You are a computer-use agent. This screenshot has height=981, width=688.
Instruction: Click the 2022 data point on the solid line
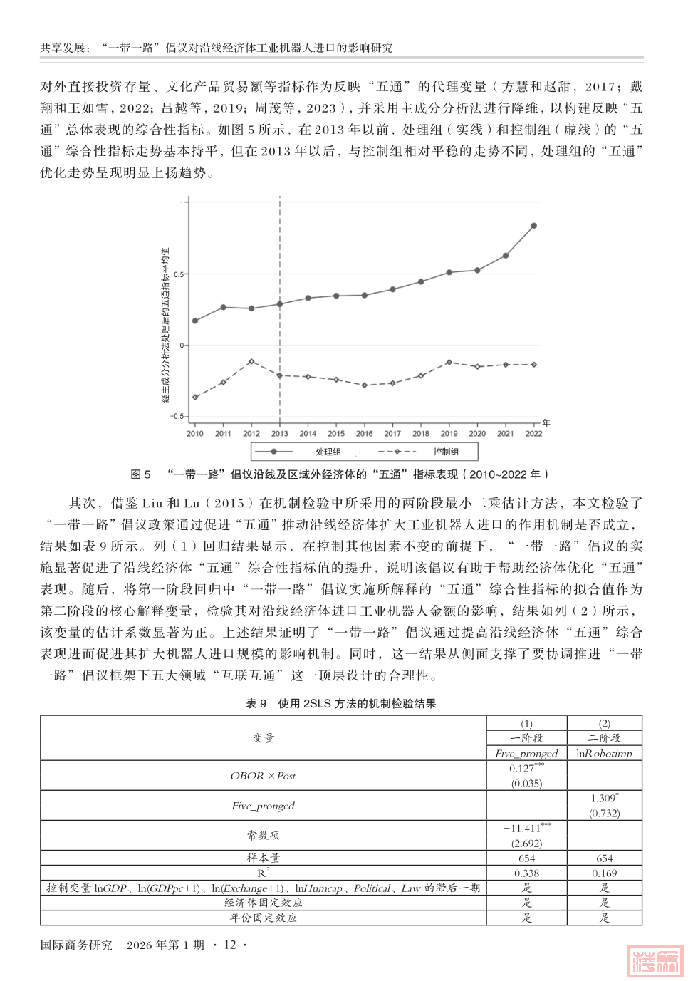[x=534, y=226]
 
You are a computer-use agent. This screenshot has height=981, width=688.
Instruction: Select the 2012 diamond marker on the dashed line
[x=251, y=362]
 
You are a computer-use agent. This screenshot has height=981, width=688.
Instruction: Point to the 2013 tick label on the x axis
[x=280, y=433]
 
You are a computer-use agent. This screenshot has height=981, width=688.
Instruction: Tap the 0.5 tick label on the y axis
[x=178, y=274]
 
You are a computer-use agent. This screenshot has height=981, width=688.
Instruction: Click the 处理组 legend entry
[x=328, y=452]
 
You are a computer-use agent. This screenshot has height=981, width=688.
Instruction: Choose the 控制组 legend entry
[x=446, y=452]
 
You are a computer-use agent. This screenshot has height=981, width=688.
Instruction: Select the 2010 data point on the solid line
[x=195, y=321]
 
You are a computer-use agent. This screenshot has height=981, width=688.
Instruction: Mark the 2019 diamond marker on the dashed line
[x=449, y=363]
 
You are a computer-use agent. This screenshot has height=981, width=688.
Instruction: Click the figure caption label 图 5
[x=140, y=474]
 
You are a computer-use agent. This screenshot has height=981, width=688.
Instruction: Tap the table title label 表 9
[x=256, y=703]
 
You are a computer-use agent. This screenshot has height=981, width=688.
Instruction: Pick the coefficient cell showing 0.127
[x=526, y=768]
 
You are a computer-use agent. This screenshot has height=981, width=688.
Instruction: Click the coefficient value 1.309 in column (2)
[x=603, y=798]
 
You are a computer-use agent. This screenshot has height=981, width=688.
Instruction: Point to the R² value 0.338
[x=526, y=873]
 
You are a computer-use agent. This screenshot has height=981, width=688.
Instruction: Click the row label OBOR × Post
[x=263, y=776]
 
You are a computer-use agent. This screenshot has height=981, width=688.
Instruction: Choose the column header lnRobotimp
[x=604, y=753]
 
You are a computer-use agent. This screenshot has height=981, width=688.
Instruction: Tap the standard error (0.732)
[x=604, y=813]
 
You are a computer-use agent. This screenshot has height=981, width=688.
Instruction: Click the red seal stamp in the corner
[x=655, y=961]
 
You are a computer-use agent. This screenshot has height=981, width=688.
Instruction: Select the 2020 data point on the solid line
[x=477, y=270]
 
